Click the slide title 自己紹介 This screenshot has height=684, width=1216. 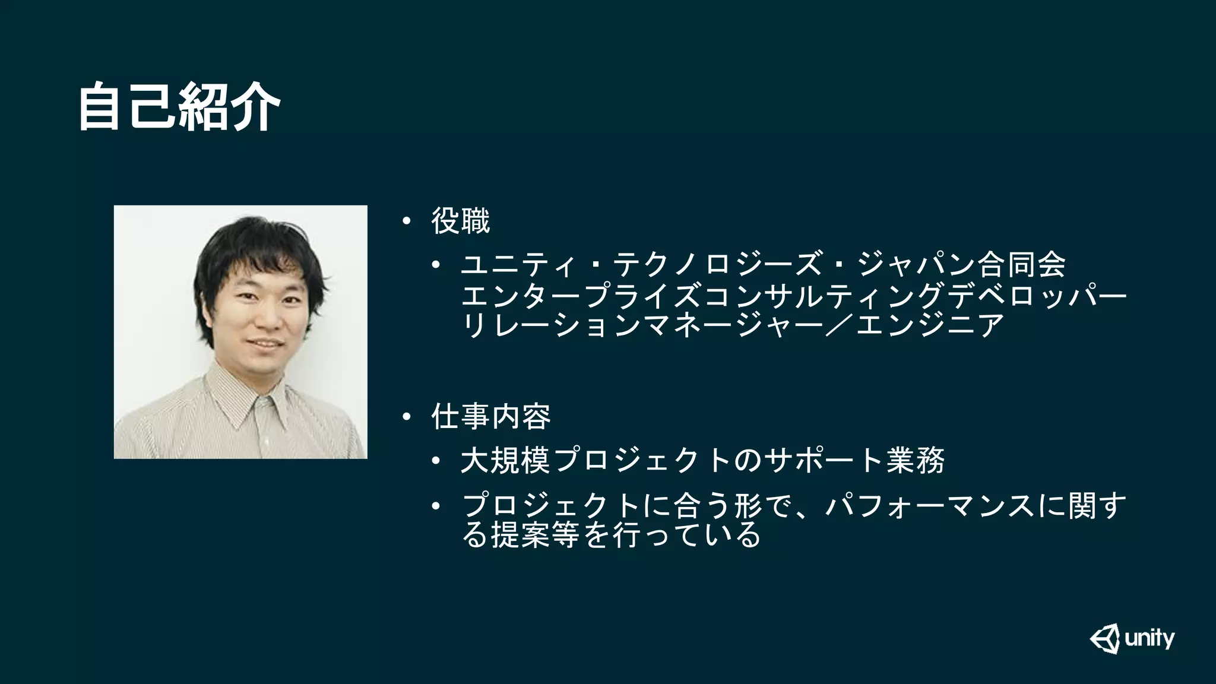(179, 107)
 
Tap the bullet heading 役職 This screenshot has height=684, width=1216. (461, 221)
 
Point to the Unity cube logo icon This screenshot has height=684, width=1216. (1105, 639)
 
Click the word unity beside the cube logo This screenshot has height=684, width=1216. (1149, 639)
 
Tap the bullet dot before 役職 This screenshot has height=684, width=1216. (406, 222)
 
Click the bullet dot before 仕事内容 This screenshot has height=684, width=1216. (406, 417)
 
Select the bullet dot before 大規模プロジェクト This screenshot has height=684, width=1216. (436, 461)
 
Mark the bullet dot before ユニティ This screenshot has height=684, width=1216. (436, 265)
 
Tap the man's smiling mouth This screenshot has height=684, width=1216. (265, 344)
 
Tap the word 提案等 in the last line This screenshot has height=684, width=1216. (535, 536)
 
